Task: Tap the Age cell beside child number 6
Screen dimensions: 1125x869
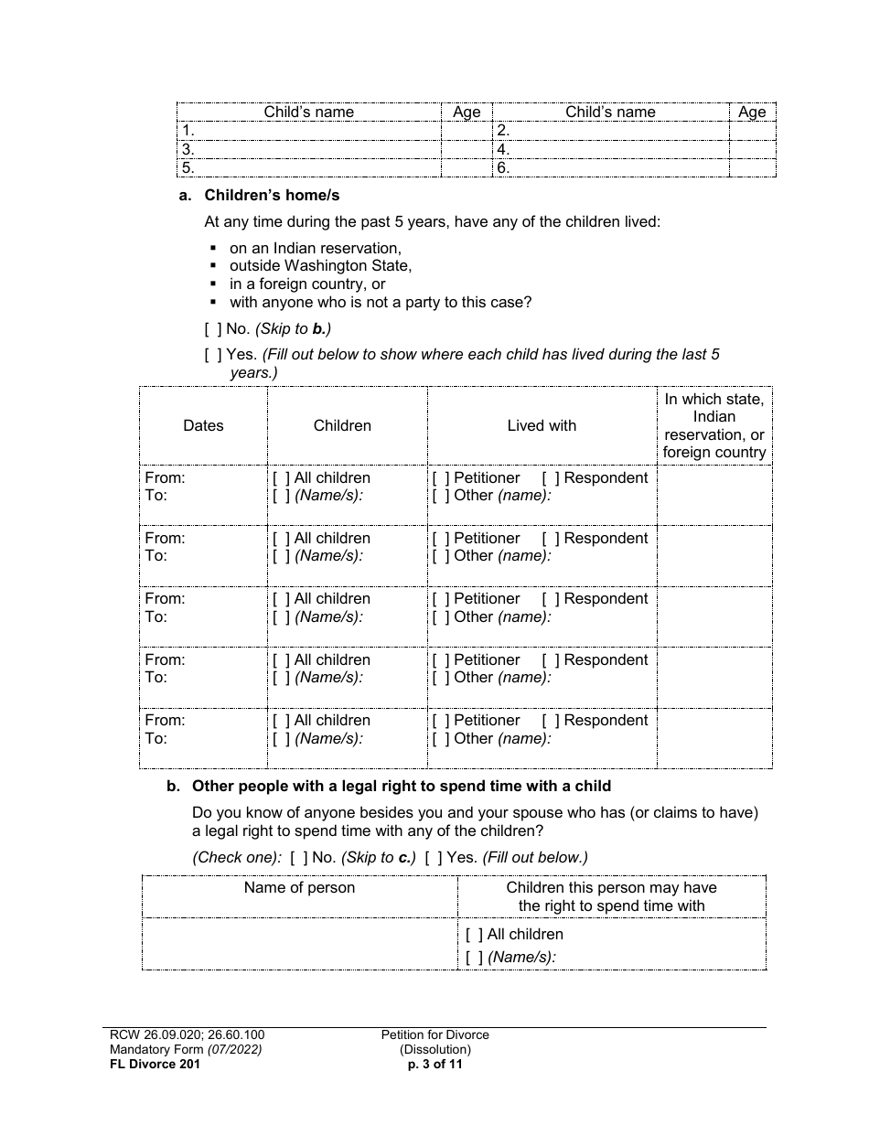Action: (x=752, y=168)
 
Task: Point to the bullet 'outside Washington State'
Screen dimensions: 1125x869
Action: (x=320, y=266)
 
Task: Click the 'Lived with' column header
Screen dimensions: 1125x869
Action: (x=542, y=425)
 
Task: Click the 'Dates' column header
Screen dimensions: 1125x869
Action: (x=203, y=425)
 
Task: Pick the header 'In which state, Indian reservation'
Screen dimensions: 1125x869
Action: (x=714, y=425)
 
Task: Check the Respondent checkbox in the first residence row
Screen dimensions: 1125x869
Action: (x=551, y=478)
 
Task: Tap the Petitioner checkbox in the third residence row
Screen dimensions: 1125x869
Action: (x=441, y=599)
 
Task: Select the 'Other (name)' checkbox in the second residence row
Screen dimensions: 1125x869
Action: (x=441, y=556)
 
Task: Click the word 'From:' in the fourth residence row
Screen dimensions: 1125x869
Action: (x=165, y=660)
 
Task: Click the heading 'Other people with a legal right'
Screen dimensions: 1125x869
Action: (x=407, y=786)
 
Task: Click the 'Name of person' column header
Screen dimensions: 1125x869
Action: (x=299, y=887)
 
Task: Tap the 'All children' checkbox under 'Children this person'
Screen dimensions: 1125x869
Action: (x=475, y=935)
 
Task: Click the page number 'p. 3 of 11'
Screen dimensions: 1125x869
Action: (x=435, y=1064)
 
